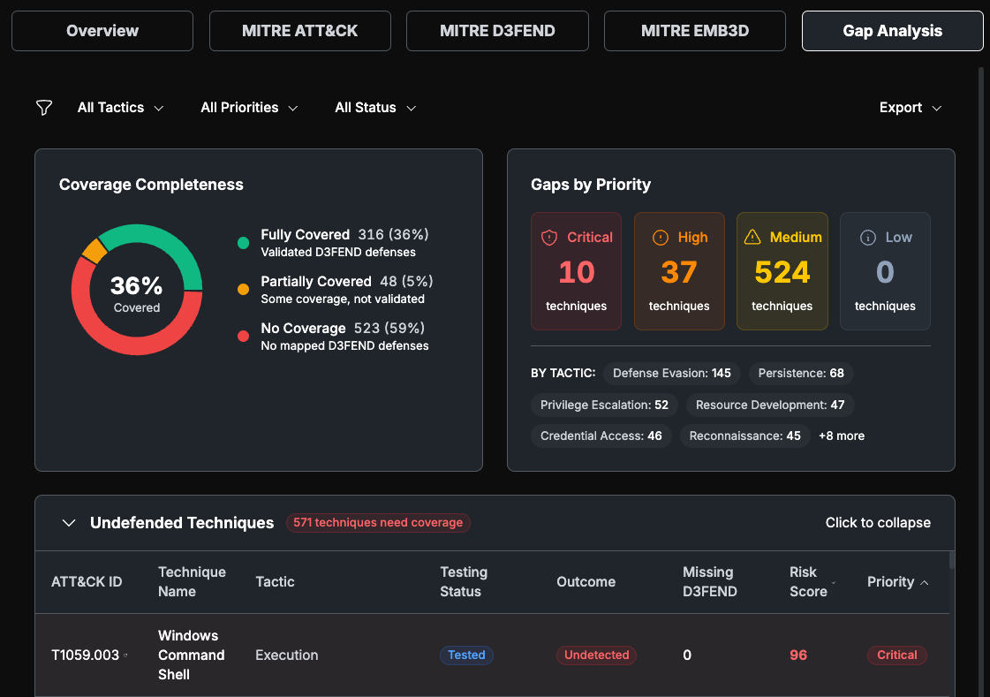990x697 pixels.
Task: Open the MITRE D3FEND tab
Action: [497, 31]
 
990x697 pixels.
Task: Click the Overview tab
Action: [102, 31]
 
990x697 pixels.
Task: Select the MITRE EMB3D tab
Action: [694, 31]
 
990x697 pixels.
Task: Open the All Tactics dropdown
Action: [121, 108]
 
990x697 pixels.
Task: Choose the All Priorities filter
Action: [249, 108]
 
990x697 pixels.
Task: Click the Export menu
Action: [910, 108]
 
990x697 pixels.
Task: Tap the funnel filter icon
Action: [44, 108]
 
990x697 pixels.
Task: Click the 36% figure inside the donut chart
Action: [136, 285]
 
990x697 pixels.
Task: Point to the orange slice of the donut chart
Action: [94, 251]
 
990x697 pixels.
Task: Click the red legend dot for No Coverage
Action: [243, 336]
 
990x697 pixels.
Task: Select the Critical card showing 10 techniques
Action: [577, 271]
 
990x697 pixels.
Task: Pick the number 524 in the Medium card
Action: [782, 272]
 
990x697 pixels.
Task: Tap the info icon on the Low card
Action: [868, 238]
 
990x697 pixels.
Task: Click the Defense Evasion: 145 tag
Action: [672, 373]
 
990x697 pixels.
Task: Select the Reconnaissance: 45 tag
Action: [745, 436]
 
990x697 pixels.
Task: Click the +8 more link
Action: [842, 436]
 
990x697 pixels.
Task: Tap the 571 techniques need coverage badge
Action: [378, 523]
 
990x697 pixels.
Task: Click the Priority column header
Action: [897, 581]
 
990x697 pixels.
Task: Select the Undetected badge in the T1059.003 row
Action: [597, 655]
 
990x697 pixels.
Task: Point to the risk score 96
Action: [798, 655]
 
